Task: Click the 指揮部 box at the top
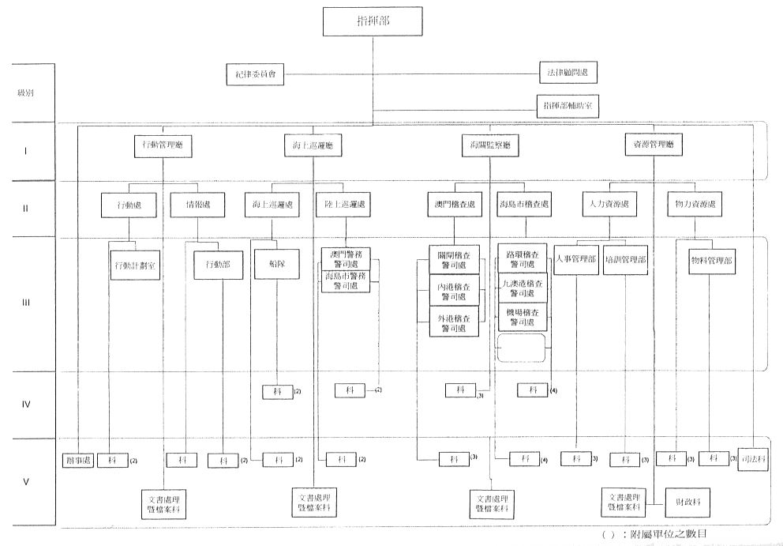point(369,21)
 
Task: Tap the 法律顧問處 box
point(568,73)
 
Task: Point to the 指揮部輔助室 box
point(568,105)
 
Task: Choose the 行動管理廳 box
point(163,145)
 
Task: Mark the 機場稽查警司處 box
point(522,318)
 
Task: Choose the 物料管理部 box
point(711,260)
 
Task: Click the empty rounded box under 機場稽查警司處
point(521,347)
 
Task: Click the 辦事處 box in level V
point(77,460)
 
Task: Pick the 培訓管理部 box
point(624,260)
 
